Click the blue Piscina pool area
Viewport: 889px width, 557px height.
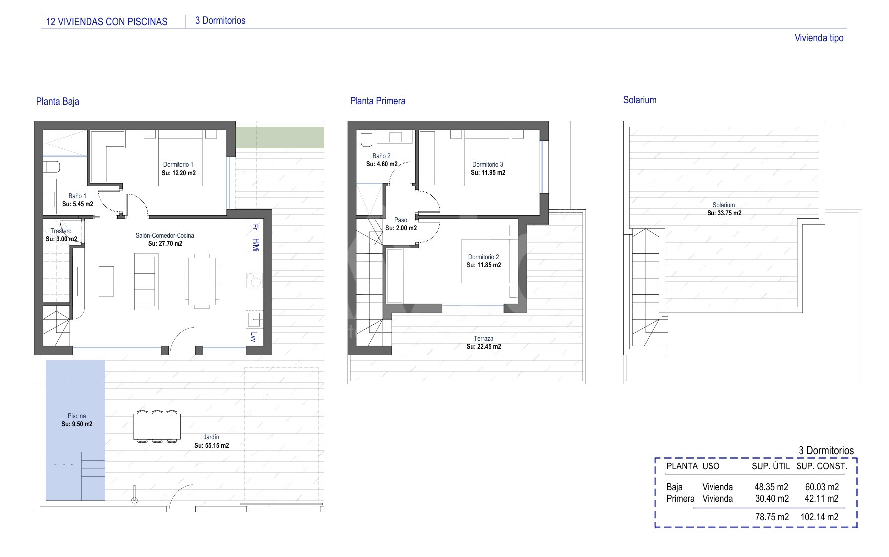pos(76,430)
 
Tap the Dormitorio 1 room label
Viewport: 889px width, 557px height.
pos(178,165)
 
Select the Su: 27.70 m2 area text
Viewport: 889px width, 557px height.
pos(165,244)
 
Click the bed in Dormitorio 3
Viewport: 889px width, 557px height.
pos(487,162)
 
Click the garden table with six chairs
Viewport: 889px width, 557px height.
pos(157,426)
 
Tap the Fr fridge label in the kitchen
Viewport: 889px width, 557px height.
pos(255,228)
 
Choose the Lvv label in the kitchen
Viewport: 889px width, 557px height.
pos(254,337)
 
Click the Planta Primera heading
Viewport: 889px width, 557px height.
pos(377,101)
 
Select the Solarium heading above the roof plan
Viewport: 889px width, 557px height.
pos(640,100)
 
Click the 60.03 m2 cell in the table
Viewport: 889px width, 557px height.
pos(822,487)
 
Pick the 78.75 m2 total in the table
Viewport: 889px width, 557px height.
pos(772,517)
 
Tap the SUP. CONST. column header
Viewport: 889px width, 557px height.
pos(821,466)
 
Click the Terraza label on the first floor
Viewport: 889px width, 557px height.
pos(483,339)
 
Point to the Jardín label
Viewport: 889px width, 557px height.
pos(211,437)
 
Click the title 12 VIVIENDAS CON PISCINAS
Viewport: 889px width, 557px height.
pos(106,22)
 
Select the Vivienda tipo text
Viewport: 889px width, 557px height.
pos(819,38)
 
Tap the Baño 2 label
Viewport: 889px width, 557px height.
pos(381,156)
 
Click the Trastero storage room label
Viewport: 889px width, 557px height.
pos(61,231)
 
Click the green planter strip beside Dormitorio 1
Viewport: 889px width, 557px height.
pos(279,137)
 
